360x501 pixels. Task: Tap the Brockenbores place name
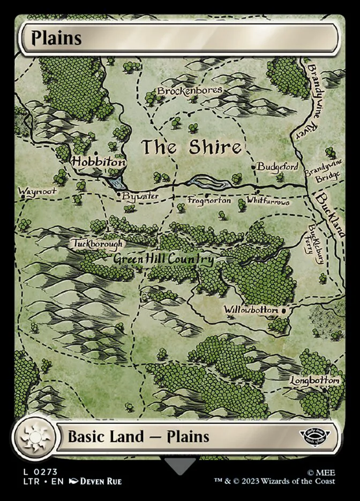[x=190, y=91]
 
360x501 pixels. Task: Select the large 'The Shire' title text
[x=191, y=147]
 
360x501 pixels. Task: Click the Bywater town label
[x=140, y=196]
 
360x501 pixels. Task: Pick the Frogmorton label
[x=209, y=200]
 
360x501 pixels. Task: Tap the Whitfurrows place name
[x=268, y=202]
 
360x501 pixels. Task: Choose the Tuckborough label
[x=97, y=244]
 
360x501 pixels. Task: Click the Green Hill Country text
[x=163, y=260]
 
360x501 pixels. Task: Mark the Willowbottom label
[x=251, y=310]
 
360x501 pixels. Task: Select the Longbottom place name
[x=315, y=380]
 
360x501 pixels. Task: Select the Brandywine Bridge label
[x=322, y=171]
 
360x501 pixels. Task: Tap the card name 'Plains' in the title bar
[x=56, y=38]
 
